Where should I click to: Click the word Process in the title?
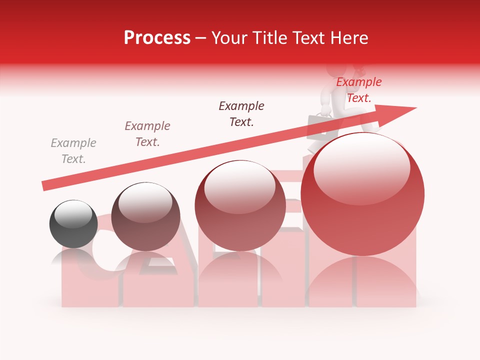click(157, 38)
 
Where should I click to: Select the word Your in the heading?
click(228, 38)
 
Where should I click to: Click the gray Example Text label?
click(73, 151)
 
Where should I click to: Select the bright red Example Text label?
click(358, 90)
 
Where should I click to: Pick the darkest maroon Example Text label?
click(241, 114)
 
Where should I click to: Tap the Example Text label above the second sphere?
click(147, 134)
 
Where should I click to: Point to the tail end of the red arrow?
click(45, 185)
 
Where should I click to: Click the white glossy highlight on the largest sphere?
click(362, 167)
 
